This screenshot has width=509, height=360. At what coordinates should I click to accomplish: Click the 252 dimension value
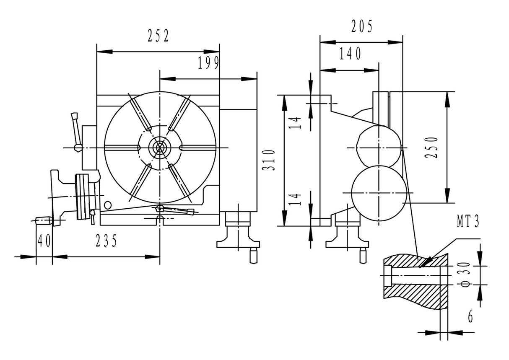tap(158, 37)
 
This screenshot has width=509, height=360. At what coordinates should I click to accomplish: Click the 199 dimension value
tap(208, 63)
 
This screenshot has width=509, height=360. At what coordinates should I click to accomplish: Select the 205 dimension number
tap(361, 27)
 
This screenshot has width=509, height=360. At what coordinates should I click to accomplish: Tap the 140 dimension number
tap(350, 54)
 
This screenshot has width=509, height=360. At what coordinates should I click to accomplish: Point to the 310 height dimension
tap(269, 160)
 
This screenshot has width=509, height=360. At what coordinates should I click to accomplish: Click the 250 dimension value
tap(431, 147)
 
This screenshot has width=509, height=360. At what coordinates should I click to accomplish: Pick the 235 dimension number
tap(106, 241)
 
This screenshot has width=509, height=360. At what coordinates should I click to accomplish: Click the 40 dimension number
tap(44, 241)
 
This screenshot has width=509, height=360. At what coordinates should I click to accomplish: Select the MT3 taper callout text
tap(467, 223)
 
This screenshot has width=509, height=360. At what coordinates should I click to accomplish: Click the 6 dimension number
tap(470, 317)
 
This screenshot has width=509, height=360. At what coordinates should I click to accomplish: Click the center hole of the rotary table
tap(160, 147)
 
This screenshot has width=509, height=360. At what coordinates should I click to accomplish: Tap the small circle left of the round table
tap(108, 205)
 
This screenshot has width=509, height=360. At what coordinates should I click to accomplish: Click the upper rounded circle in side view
tap(378, 147)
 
